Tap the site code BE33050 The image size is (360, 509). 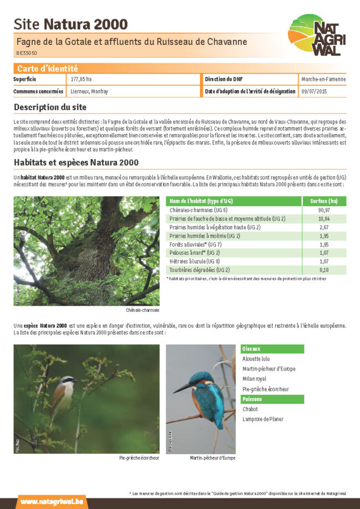click(27, 53)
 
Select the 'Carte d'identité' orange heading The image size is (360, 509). click(47, 69)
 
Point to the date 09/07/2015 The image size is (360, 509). click(314, 91)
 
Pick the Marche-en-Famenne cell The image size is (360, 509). click(323, 79)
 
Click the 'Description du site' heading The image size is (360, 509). click(50, 107)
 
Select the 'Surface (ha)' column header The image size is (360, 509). click(324, 200)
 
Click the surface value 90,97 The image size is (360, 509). click(324, 210)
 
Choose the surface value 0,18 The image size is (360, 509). click(324, 270)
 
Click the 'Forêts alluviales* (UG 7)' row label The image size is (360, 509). click(196, 244)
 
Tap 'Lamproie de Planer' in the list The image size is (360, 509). click(263, 419)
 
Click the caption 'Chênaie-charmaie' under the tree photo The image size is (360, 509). click(142, 310)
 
